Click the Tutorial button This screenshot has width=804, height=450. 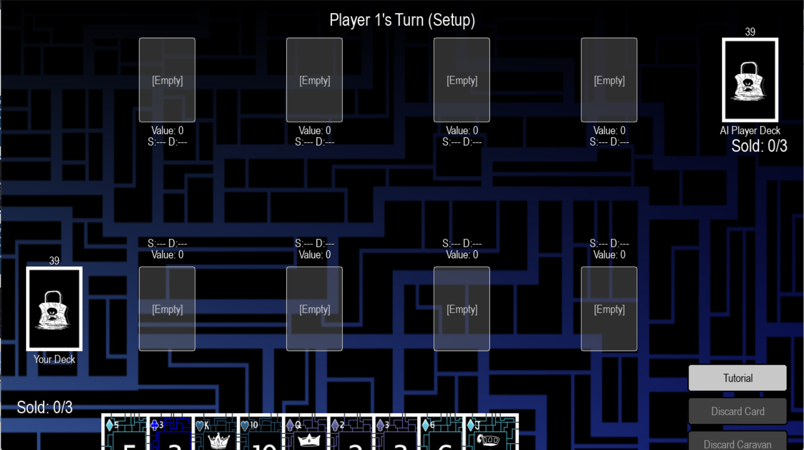[737, 378]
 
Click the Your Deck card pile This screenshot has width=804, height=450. [54, 309]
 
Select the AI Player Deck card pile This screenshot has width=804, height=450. [750, 80]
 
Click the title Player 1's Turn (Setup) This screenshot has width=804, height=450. [402, 20]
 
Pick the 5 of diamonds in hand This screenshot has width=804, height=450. [125, 433]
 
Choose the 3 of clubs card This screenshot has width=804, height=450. [170, 433]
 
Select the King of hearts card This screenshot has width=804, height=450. [215, 433]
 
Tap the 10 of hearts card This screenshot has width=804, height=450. [260, 433]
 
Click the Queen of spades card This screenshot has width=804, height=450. [305, 433]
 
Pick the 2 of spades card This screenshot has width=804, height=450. [351, 433]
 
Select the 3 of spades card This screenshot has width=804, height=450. [396, 433]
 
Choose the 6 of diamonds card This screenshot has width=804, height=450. [441, 433]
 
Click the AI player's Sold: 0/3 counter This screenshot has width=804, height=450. [759, 146]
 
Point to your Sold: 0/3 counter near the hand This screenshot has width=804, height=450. [45, 407]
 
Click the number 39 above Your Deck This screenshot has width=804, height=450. [54, 261]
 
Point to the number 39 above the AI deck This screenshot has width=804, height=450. [750, 32]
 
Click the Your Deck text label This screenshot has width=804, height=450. [54, 359]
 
